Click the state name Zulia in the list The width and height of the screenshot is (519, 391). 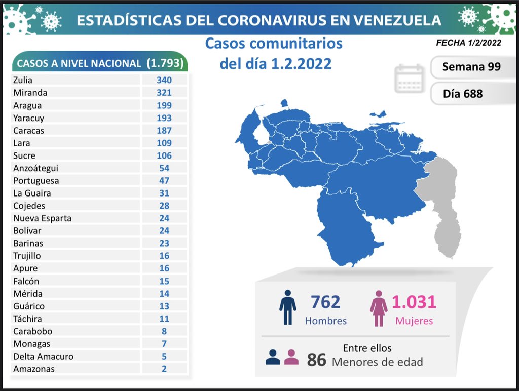pos(23,80)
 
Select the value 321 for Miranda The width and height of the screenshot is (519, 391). pos(164,93)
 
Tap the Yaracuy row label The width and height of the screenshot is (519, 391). pos(28,118)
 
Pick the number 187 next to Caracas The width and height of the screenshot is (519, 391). pos(164,131)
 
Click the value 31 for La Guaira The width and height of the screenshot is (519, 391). pos(164,193)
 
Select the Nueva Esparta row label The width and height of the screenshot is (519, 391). pos(42,218)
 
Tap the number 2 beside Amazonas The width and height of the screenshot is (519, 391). pos(164,369)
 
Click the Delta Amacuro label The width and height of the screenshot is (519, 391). pos(43,356)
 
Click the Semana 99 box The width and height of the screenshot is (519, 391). pos(471,67)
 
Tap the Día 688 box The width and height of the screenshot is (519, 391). pos(462,94)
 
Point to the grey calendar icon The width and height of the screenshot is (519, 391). pos(409,79)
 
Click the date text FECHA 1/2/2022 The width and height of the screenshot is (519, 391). pos(468,43)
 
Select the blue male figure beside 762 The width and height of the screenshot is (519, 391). pos(287,307)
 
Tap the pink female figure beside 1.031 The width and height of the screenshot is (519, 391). pos(378,307)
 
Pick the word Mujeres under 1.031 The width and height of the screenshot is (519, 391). pos(415,321)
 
